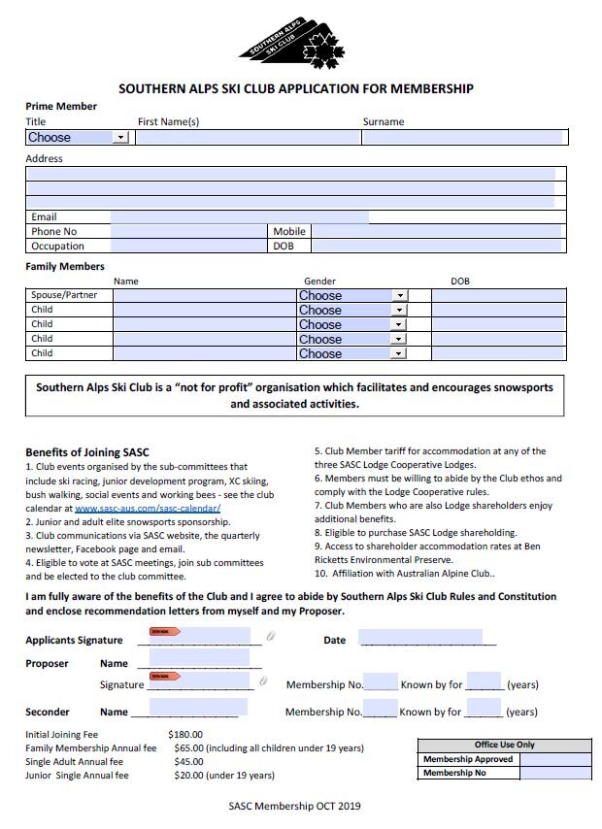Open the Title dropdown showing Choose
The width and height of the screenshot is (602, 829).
pos(78,138)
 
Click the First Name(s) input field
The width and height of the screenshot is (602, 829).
pos(248,138)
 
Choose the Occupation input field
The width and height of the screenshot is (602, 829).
pos(190,247)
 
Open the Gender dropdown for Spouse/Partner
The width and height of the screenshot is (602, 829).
pos(351,295)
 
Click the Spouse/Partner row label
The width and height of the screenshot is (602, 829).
pos(64,295)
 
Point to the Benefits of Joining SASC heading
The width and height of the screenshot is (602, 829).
pos(86,452)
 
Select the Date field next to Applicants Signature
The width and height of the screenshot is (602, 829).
pos(420,639)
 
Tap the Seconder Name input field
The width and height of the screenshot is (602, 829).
pos(199,709)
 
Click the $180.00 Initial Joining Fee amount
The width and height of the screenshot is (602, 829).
pos(184,735)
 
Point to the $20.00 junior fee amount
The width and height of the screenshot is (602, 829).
pos(189,776)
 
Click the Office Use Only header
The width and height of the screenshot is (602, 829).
pos(504,745)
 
